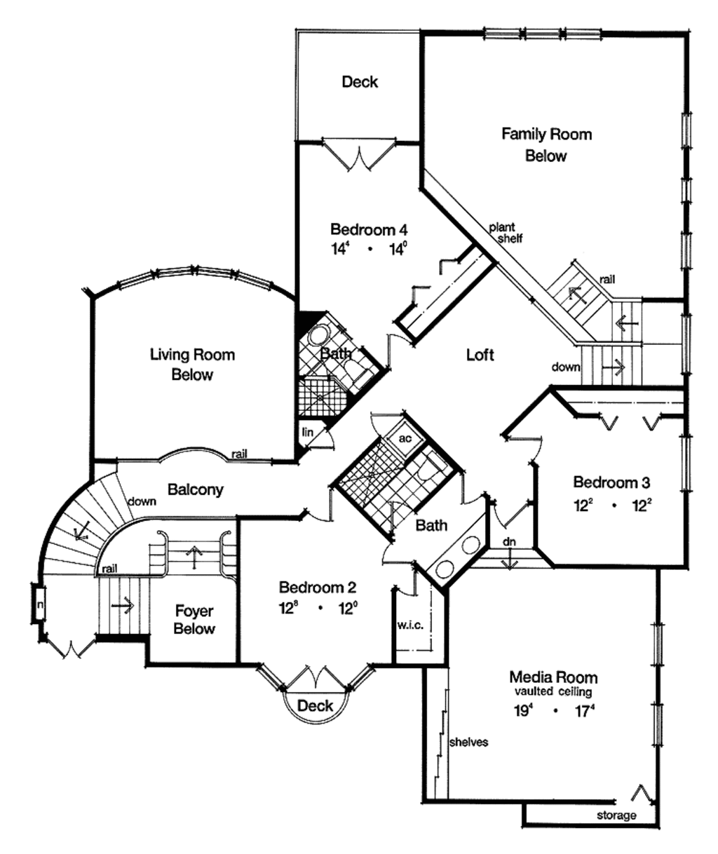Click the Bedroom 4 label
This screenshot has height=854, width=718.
click(369, 229)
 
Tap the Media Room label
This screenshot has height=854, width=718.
click(553, 677)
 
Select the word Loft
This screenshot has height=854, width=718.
click(480, 355)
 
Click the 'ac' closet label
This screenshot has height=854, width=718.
click(405, 438)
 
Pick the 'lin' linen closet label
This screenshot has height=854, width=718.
click(307, 433)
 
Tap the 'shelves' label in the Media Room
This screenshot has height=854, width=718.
click(468, 742)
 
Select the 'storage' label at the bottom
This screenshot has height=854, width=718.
click(616, 815)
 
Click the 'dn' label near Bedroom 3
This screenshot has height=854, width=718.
click(509, 541)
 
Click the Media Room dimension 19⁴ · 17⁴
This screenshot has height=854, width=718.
click(553, 710)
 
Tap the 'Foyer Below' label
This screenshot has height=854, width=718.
click(194, 620)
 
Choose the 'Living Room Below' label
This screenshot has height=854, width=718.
click(192, 365)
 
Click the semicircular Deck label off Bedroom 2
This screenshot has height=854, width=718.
click(315, 705)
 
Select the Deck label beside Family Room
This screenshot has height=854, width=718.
click(360, 82)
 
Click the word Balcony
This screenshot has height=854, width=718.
click(196, 489)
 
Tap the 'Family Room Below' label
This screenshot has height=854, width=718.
click(546, 144)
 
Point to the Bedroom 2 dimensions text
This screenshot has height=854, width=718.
click(318, 609)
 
